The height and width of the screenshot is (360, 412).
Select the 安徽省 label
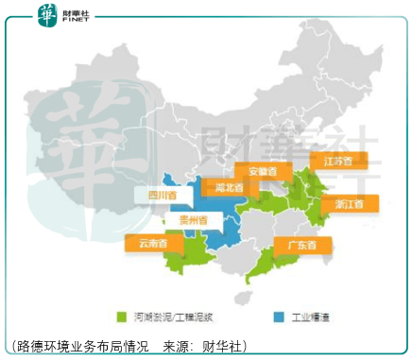tap(257, 171)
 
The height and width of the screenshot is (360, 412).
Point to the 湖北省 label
tap(227, 187)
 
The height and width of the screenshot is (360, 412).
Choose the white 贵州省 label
tap(183, 219)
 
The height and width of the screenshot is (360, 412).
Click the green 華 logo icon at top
tap(47, 14)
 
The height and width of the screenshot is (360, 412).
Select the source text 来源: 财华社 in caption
tap(203, 346)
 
